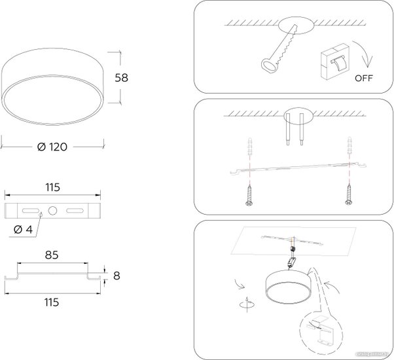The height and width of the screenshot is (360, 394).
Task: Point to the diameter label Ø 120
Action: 53,147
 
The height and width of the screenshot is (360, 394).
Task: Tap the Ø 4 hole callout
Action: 22,230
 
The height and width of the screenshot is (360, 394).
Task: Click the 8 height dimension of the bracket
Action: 117,276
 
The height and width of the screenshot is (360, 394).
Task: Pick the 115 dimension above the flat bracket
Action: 53,187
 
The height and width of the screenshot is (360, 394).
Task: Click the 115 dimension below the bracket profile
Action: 52,302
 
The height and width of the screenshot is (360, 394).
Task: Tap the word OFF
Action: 363,80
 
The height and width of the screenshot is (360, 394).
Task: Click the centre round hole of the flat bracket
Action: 53,211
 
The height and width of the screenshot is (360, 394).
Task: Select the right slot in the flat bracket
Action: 75,211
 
